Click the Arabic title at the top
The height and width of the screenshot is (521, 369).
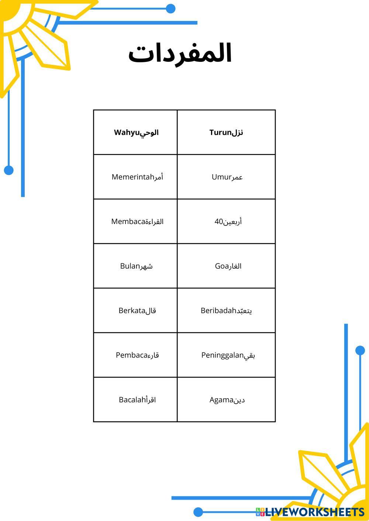(180, 54)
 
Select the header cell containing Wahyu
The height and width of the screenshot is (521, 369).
(136, 132)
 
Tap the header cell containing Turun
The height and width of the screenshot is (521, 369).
(226, 132)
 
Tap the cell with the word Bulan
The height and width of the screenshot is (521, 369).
(136, 266)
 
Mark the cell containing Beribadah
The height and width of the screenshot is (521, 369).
(226, 311)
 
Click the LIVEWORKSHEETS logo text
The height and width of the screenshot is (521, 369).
(314, 512)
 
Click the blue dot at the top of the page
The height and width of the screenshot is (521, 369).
(170, 8)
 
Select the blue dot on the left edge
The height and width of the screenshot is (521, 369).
(9, 170)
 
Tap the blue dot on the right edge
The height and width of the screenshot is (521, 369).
(360, 350)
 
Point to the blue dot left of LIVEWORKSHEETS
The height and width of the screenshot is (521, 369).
(198, 512)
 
